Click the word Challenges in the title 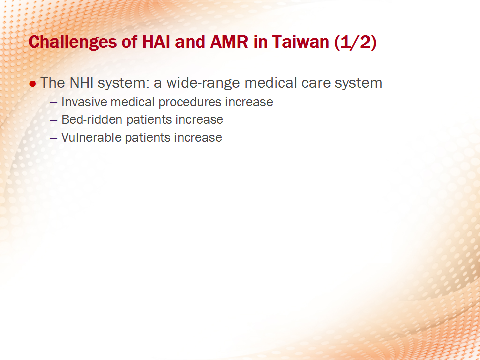click(x=73, y=42)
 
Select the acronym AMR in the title click(x=229, y=42)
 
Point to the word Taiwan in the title click(x=300, y=42)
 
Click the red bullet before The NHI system click(x=33, y=84)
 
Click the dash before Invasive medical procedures click(x=53, y=103)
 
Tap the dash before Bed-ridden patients click(x=53, y=120)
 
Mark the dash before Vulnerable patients click(x=53, y=138)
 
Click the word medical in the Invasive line click(x=133, y=102)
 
